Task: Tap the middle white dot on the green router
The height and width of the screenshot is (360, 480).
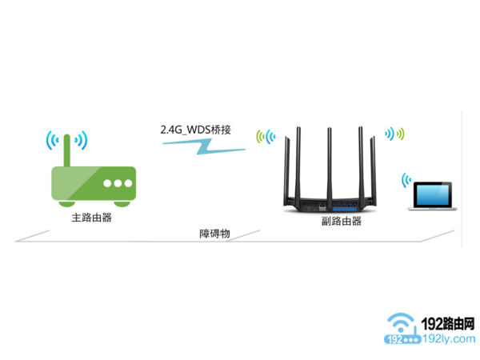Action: click(118, 182)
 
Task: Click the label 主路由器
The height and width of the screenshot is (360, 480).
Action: click(85, 217)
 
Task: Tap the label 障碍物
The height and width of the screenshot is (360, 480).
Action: click(214, 234)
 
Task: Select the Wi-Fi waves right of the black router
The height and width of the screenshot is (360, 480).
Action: click(395, 134)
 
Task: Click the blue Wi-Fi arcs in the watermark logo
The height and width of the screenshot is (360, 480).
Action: click(401, 323)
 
